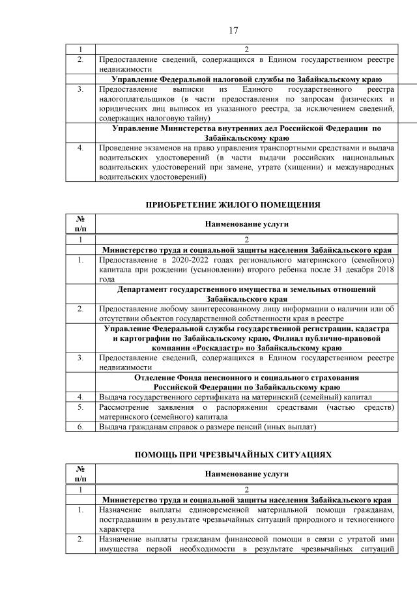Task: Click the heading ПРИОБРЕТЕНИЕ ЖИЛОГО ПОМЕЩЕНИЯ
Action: pos(232,205)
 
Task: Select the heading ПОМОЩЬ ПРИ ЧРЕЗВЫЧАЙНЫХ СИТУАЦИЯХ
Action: pos(232,454)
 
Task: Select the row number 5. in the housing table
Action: pos(79,407)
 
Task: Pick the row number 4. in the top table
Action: pos(79,148)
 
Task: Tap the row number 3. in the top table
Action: pos(79,88)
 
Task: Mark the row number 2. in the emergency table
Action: pos(79,540)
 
